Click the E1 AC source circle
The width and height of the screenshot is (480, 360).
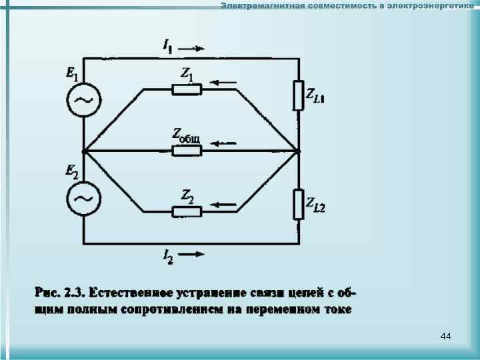[84, 101]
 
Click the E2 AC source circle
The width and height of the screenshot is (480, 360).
[84, 198]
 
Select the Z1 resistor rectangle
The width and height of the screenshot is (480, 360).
[187, 89]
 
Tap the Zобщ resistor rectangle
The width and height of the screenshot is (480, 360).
[187, 151]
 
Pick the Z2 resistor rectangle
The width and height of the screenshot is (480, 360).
[187, 212]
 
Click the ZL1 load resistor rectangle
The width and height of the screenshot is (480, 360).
[298, 95]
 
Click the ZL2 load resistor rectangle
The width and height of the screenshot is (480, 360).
[298, 203]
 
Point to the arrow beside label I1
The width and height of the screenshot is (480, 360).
[195, 48]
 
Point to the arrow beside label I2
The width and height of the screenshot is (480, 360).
[195, 254]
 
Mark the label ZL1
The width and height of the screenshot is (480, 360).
[315, 97]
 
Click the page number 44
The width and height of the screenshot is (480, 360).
[445, 337]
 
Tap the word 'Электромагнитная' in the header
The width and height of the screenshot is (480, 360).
[262, 6]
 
